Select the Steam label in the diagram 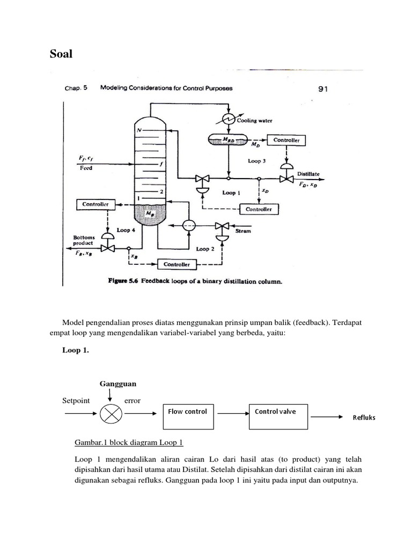tap(242, 231)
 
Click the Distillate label tap(310, 174)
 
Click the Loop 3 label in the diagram tap(256, 160)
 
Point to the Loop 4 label tap(127, 230)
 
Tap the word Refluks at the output tap(364, 418)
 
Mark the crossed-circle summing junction tap(112, 414)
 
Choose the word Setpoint tap(76, 400)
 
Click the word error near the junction tap(132, 400)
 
